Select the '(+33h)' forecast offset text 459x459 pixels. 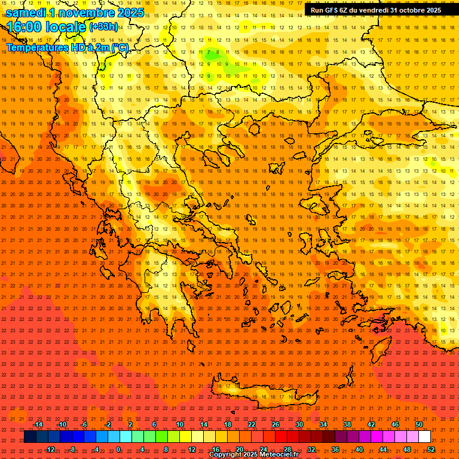(x=103, y=27)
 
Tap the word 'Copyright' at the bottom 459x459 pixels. (x=227, y=455)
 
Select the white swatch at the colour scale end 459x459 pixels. (x=424, y=437)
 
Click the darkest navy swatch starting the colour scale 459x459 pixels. (x=30, y=437)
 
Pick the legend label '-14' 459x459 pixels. (x=38, y=424)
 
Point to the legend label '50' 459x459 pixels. (x=418, y=424)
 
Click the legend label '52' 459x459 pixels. (x=430, y=449)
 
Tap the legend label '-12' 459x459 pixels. (x=50, y=449)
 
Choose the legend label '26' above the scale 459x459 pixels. (x=276, y=424)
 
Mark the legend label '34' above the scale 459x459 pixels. (x=323, y=424)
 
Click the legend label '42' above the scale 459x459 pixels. (x=371, y=424)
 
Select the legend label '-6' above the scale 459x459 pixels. (x=84, y=424)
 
